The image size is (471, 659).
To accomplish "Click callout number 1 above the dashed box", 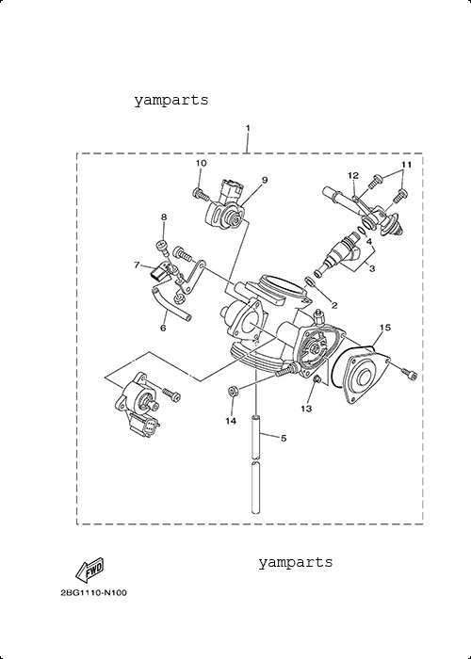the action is point(248,128).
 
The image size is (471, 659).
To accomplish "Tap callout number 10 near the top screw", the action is point(201,163).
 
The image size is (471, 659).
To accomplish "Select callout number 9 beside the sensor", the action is point(265,180).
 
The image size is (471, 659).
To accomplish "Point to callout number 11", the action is point(406,165).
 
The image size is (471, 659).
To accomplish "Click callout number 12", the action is point(353,175).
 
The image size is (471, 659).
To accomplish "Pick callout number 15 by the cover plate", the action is point(384,328).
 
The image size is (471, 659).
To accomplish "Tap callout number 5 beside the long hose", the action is point(284,439).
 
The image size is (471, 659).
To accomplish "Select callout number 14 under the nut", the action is point(231,421).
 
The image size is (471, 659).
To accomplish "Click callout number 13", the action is point(306,408).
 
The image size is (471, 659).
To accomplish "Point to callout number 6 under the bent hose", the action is point(163,328).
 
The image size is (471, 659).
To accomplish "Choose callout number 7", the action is point(137,265).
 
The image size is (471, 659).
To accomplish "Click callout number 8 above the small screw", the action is point(164,217).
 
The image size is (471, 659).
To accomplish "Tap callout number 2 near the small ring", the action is point(333,306).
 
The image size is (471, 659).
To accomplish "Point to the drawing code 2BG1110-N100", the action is point(94,593).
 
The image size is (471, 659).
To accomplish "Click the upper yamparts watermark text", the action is point(171,101).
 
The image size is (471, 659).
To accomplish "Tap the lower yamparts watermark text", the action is point(295,562).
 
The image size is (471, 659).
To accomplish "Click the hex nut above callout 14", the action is point(232,391).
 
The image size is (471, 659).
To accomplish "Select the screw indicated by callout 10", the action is point(200,194).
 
